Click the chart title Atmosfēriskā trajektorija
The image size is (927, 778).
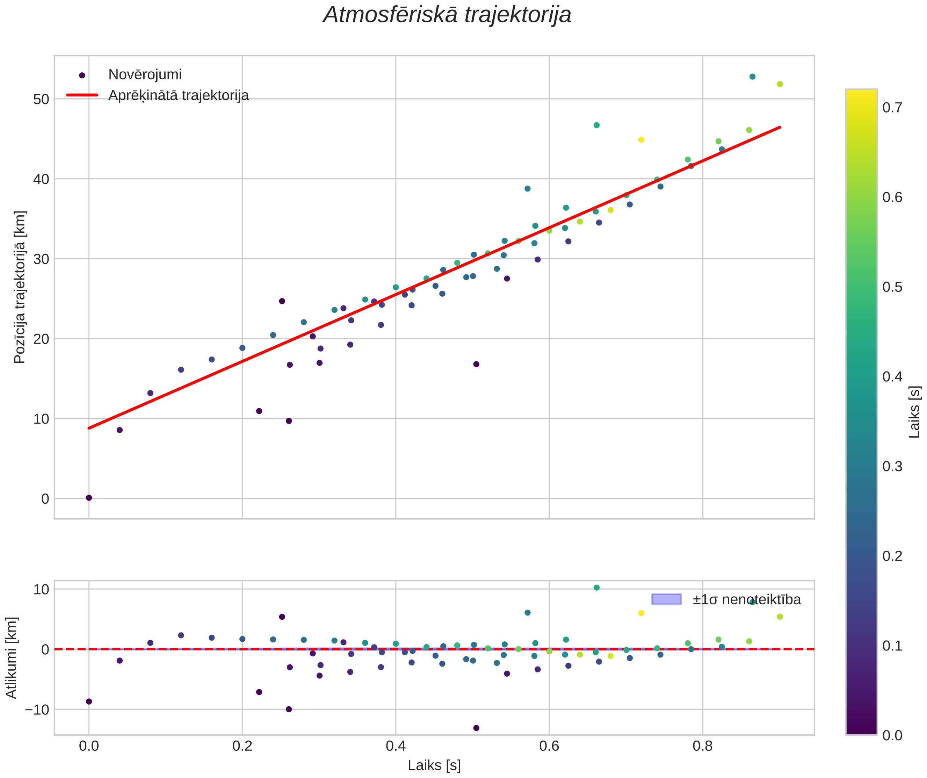pyautogui.click(x=447, y=15)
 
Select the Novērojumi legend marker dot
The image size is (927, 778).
pyautogui.click(x=82, y=75)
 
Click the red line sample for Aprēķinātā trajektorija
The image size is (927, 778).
pyautogui.click(x=82, y=95)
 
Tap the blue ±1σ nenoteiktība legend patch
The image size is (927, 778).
pyautogui.click(x=667, y=599)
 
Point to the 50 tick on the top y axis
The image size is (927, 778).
pyautogui.click(x=41, y=99)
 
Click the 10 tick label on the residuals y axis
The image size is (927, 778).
pyautogui.click(x=41, y=590)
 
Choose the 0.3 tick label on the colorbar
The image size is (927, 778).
pyautogui.click(x=892, y=467)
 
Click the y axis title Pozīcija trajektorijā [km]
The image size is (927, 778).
pyautogui.click(x=20, y=287)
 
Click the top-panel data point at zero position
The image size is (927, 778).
pyautogui.click(x=89, y=498)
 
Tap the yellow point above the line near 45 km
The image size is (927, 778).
pyautogui.click(x=642, y=139)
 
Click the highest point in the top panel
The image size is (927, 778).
pyautogui.click(x=753, y=77)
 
